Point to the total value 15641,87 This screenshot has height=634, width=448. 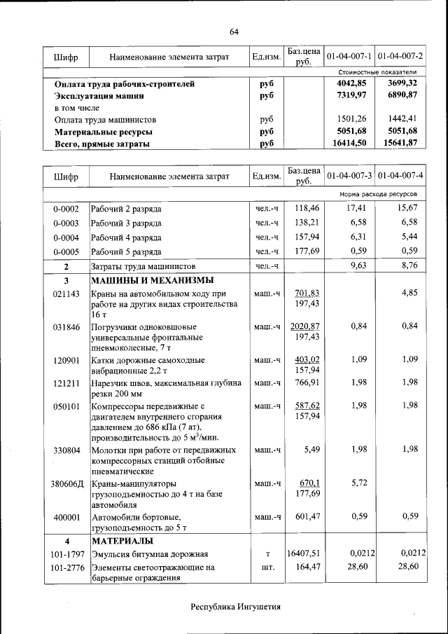point(402,143)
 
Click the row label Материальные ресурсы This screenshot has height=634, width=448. point(104,131)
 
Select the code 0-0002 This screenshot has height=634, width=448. point(66,209)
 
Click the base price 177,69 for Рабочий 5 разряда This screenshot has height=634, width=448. point(307,251)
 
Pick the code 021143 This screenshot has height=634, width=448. point(66,294)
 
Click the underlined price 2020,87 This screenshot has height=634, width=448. point(305,326)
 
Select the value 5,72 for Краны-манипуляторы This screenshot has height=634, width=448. point(358,483)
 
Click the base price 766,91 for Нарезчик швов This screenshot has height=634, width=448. point(307,383)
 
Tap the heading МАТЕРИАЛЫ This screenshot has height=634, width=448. point(124,541)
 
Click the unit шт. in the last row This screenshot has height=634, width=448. point(267,567)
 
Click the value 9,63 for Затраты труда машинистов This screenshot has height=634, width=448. point(358,266)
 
